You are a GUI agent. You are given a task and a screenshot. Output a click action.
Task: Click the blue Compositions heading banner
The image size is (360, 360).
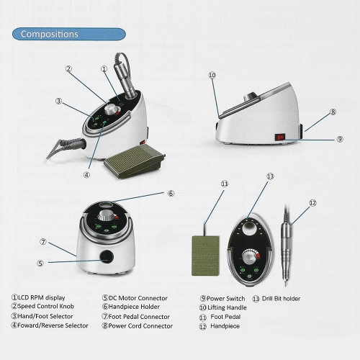pos(69,34)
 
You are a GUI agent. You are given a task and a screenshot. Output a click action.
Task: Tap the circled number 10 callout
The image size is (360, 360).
pos(212,76)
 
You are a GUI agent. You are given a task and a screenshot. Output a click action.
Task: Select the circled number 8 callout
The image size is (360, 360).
pos(333,112)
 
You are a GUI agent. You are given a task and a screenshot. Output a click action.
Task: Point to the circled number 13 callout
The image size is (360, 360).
pos(270,176)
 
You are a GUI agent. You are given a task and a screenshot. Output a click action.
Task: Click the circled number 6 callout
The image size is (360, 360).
pos(171,194)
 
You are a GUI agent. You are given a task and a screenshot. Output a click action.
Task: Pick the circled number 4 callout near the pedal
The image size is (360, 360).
pos(86,175)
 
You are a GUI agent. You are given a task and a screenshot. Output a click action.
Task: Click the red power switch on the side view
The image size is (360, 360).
pos(279,138)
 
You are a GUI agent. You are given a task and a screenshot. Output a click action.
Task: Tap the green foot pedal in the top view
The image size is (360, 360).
pos(206,256)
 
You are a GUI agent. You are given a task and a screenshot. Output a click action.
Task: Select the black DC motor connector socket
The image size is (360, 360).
pos(107,256)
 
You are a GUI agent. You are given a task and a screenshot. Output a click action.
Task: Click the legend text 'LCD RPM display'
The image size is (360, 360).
pos(42,298)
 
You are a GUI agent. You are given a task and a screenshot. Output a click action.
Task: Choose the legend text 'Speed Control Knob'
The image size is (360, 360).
pos(46,306)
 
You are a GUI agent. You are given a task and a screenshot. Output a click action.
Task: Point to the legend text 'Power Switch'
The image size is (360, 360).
pos(226,299)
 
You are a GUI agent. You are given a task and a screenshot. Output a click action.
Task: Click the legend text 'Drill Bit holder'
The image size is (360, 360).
pos(281,299)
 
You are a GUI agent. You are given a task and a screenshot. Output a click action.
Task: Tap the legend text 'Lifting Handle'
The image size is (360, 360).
pos(227,307)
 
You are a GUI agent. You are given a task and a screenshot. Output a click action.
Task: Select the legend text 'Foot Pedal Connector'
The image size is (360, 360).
pos(139,317)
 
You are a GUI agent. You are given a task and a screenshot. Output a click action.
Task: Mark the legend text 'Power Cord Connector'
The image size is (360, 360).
pos(140,326)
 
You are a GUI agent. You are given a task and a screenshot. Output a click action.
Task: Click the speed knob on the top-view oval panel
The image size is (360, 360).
pos(250,257)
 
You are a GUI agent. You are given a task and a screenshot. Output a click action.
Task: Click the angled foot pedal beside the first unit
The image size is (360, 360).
pos(135,161)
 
